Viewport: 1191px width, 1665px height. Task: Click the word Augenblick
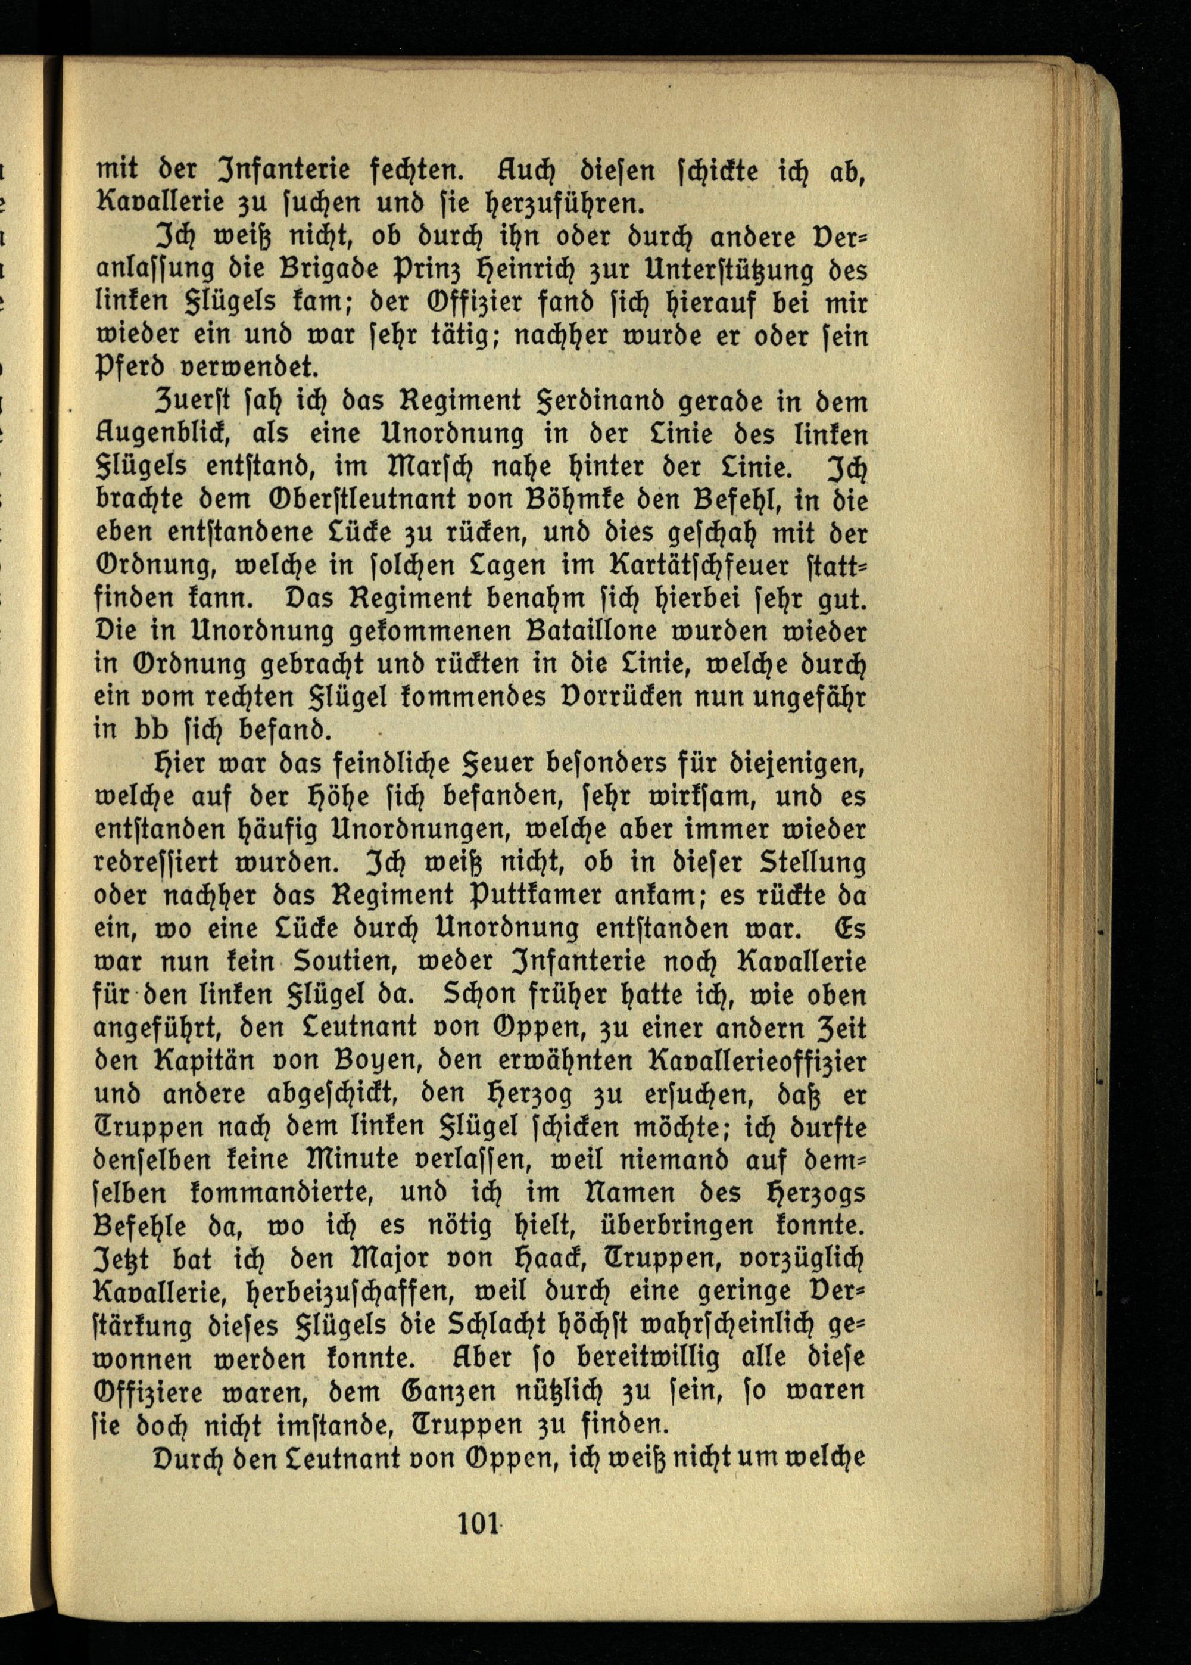click(165, 435)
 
